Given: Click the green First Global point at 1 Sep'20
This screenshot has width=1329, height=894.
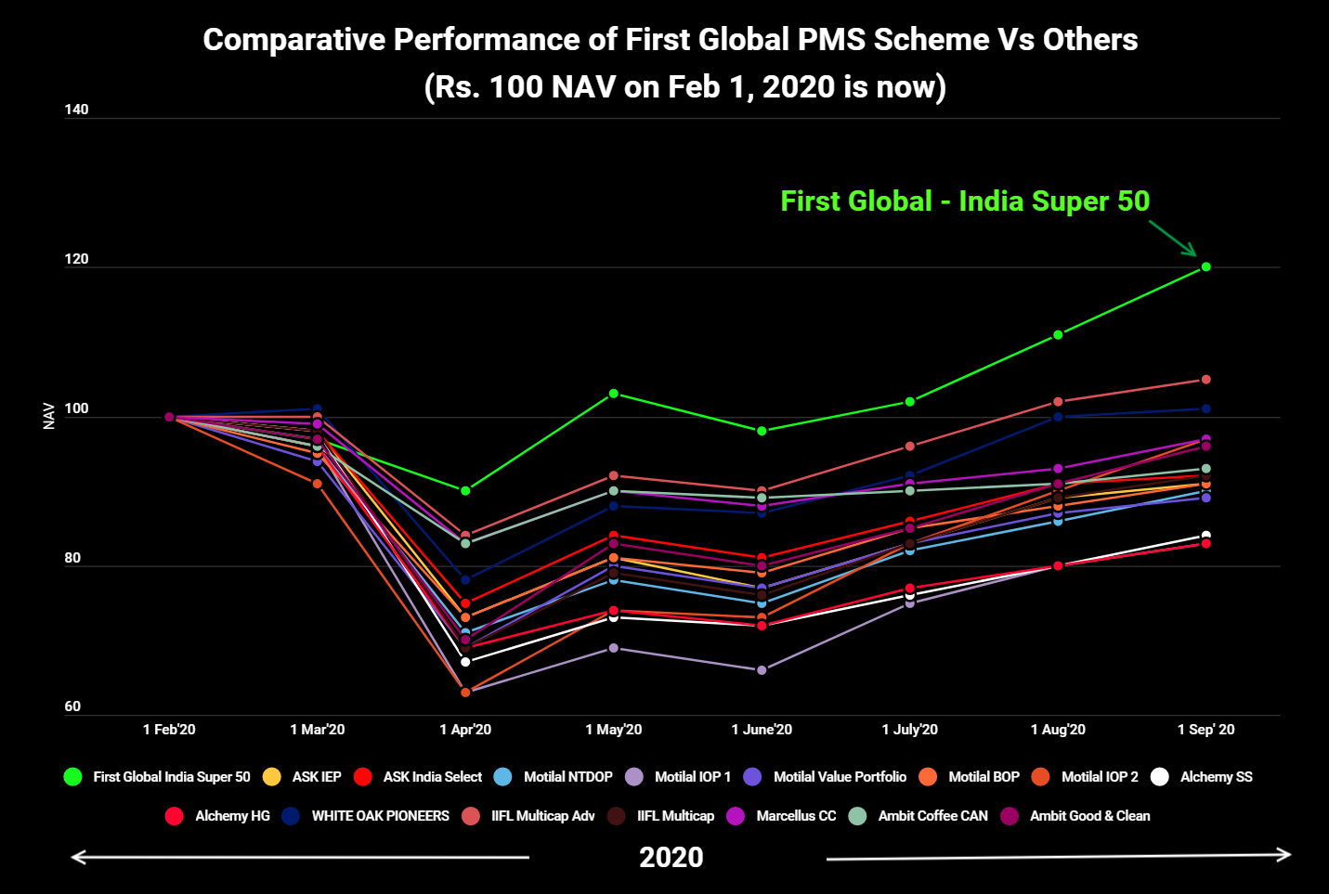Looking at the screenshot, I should (1205, 266).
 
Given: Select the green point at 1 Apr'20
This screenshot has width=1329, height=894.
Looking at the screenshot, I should (465, 490).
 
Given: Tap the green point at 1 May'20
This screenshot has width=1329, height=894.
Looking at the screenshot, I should (613, 394).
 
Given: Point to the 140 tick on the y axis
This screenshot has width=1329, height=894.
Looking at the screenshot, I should (76, 110).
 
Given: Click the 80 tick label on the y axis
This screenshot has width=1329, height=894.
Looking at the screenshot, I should (72, 558).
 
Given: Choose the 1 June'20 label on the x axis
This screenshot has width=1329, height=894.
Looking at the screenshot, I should (762, 730).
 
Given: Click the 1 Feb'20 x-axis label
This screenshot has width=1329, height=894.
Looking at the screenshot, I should (169, 730).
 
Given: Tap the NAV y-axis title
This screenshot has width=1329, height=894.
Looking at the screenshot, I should (49, 416).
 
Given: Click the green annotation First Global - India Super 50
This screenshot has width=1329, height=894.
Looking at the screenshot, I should (965, 201).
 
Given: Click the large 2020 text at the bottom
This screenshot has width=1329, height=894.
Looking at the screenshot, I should (671, 857).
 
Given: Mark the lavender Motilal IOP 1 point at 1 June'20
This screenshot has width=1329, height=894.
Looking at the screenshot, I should (762, 669).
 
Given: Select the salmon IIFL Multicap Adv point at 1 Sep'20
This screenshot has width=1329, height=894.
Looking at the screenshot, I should (1205, 380).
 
